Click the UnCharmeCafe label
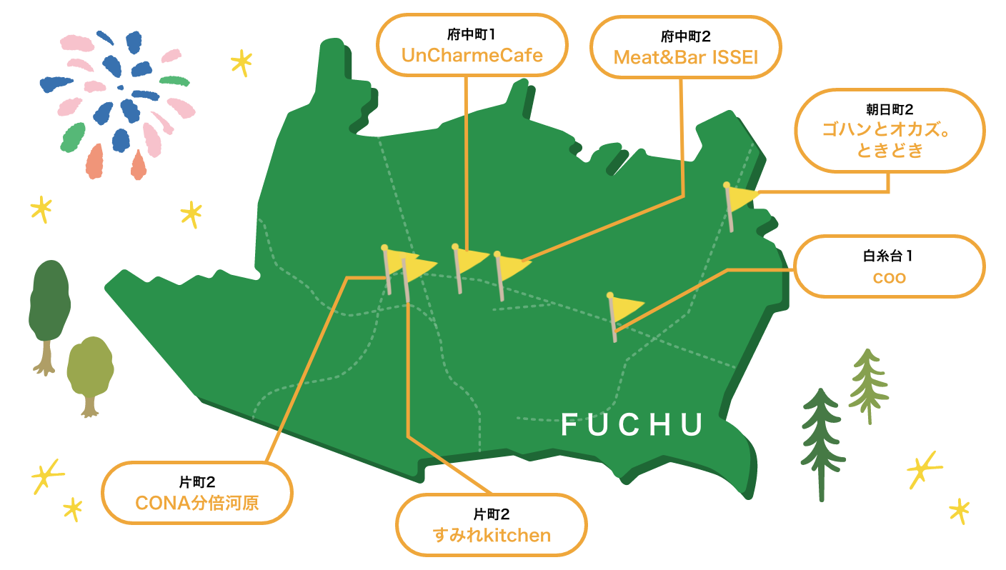[x=472, y=55]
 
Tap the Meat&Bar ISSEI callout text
[x=686, y=57]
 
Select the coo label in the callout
[x=890, y=277]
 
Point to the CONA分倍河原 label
[x=197, y=503]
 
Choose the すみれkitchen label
[x=492, y=535]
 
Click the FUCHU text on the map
[x=632, y=424]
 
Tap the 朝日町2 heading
[x=890, y=109]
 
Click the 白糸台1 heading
[x=888, y=256]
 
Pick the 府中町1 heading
[x=471, y=34]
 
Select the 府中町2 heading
[x=686, y=36]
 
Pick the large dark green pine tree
[x=822, y=444]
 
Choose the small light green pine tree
[x=869, y=386]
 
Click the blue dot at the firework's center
[x=120, y=88]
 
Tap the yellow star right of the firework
[x=241, y=62]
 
